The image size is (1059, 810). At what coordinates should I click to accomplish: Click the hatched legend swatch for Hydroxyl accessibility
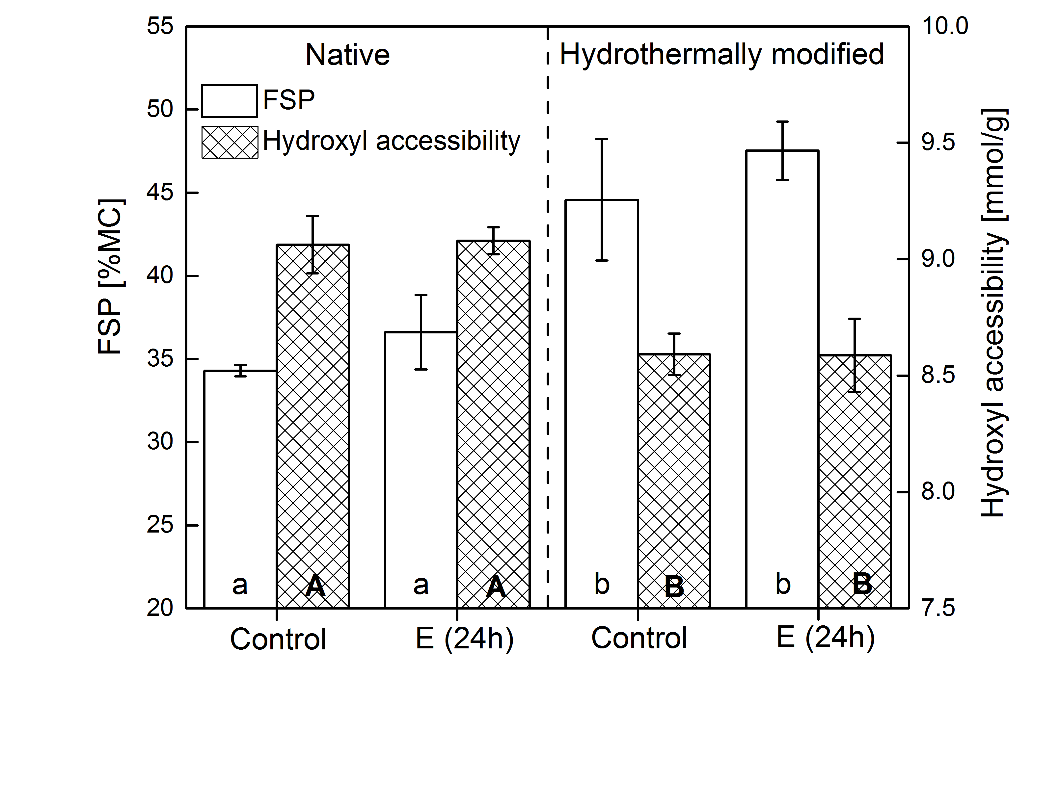point(230,142)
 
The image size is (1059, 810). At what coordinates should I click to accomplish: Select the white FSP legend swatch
point(229,101)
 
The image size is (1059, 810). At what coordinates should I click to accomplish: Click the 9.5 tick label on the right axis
point(938,143)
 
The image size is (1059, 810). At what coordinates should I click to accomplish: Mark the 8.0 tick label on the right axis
point(938,492)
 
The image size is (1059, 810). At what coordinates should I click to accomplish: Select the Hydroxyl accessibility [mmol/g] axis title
point(993,313)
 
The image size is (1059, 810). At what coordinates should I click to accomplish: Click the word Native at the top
point(347,55)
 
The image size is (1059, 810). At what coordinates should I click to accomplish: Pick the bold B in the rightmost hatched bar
point(862,584)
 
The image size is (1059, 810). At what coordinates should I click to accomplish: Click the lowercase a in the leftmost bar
point(240,585)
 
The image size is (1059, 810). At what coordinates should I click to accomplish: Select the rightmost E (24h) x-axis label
point(826,638)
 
